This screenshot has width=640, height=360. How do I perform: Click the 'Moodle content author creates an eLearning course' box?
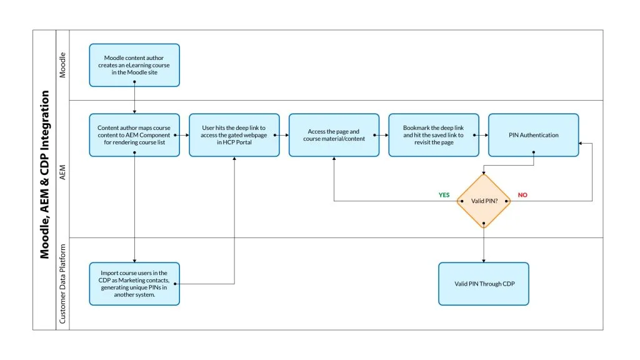coord(134,65)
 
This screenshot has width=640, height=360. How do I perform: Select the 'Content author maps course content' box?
coord(134,135)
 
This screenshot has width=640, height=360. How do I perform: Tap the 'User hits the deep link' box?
coord(234,135)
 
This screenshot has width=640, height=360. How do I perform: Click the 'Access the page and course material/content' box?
coord(334,135)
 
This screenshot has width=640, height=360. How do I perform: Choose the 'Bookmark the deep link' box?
coord(434,135)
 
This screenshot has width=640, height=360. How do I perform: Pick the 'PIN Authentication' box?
coord(534,135)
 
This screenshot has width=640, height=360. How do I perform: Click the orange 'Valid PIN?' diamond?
coord(484,201)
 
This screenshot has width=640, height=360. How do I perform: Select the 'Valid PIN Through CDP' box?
coord(484,284)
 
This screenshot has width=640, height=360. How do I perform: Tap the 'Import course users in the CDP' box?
coord(134,284)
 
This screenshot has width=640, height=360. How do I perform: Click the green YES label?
coord(444,195)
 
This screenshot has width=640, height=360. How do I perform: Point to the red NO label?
coord(522,195)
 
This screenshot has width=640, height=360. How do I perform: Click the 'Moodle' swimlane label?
coord(62,65)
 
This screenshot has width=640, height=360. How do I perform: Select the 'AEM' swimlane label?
coord(62,172)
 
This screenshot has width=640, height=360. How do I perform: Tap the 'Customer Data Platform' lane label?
coord(62,284)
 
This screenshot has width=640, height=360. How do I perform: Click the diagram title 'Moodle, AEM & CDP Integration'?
coord(44,174)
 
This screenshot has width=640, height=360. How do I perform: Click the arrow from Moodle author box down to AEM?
coord(134,97)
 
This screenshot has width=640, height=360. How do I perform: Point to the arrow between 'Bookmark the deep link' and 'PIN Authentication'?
coord(481,135)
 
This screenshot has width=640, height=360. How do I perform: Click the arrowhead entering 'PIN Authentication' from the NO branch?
coord(581,143)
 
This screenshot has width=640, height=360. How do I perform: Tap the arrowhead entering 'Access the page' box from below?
coord(334,159)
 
